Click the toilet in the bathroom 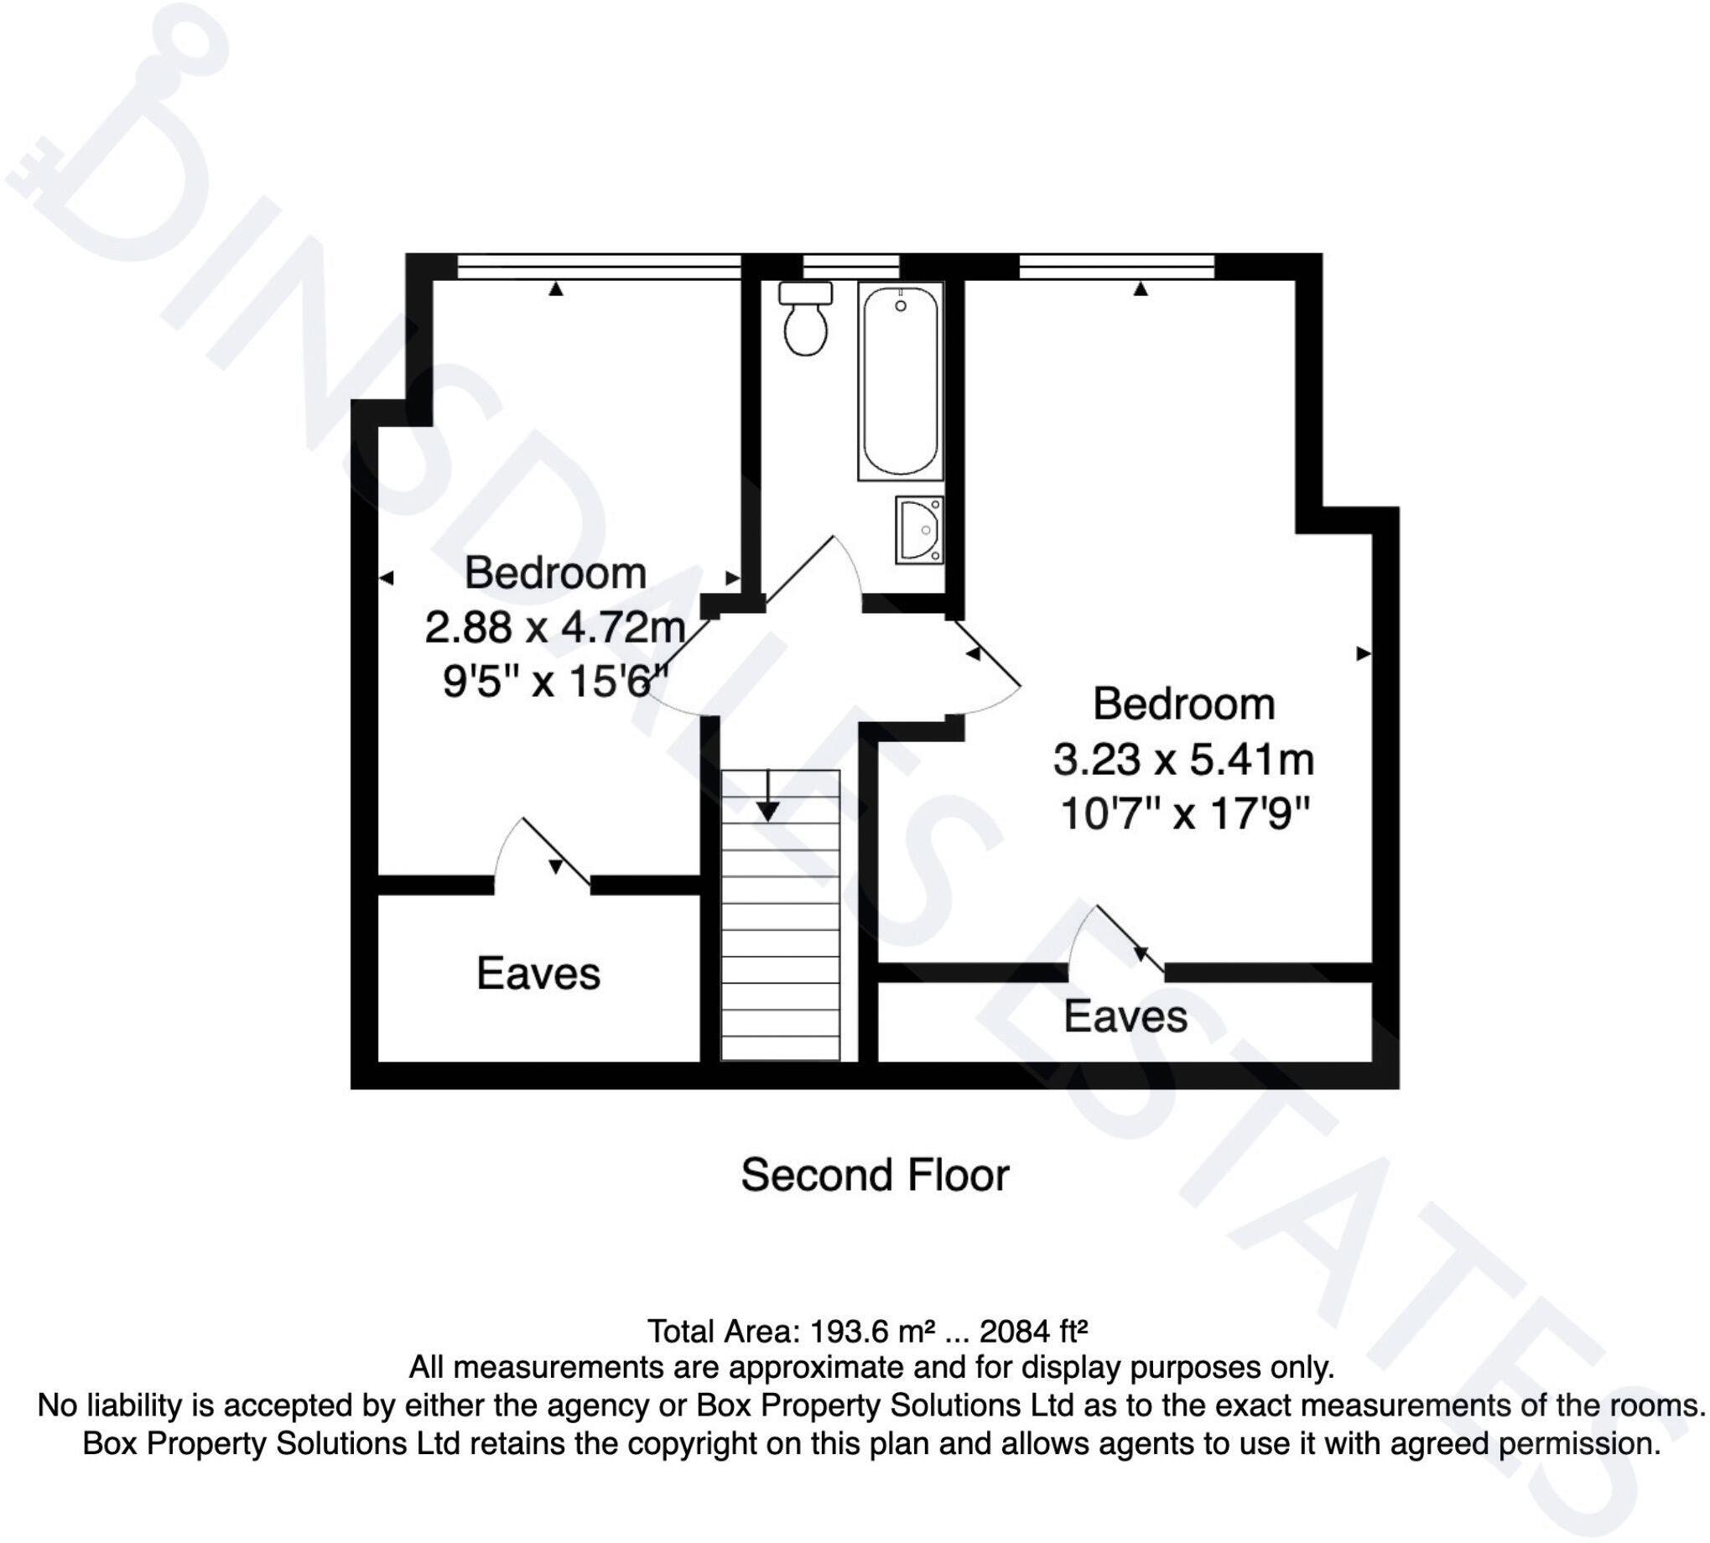click(x=804, y=320)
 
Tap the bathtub click(x=900, y=381)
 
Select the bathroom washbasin click(x=919, y=530)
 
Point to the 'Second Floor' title click(x=874, y=1175)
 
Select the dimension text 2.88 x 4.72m click(x=554, y=628)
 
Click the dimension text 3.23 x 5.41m click(x=1182, y=759)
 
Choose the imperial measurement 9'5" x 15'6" click(x=555, y=682)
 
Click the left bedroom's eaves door click(x=543, y=856)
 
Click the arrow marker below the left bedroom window click(x=555, y=290)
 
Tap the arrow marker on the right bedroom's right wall click(x=1363, y=653)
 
